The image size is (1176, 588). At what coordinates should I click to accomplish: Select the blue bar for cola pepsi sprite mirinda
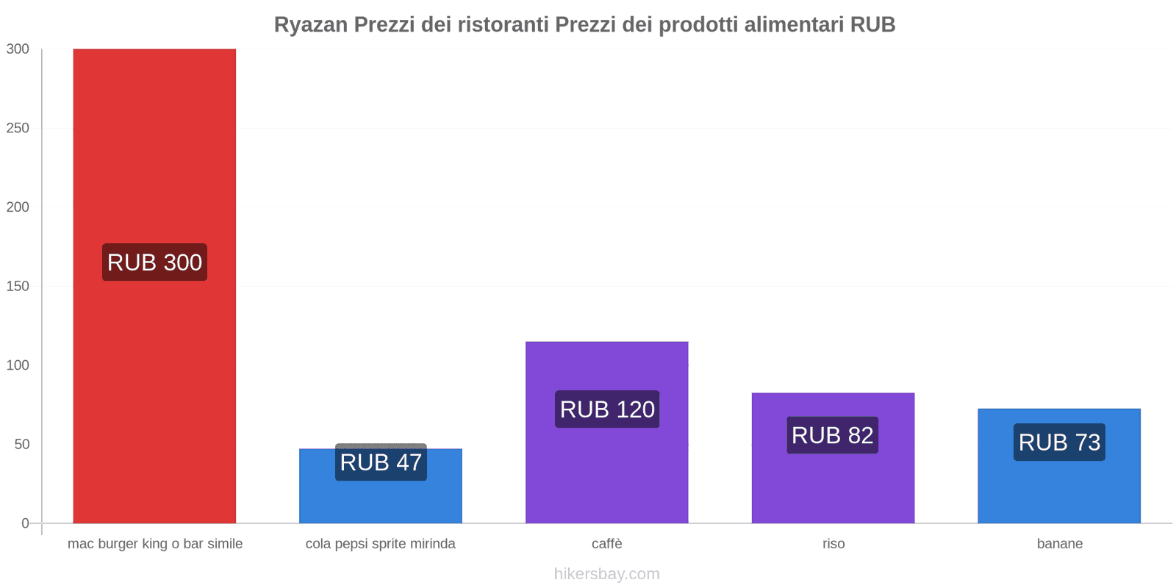click(x=380, y=500)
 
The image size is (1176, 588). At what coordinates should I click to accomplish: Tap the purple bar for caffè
click(x=606, y=470)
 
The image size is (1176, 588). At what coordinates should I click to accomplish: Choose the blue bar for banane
click(x=1059, y=489)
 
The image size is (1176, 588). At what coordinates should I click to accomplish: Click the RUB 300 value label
click(x=154, y=262)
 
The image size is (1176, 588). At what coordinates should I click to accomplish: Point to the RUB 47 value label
click(x=381, y=462)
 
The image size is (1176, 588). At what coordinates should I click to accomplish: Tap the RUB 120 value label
click(x=607, y=409)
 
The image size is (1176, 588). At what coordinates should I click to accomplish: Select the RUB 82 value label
click(x=832, y=435)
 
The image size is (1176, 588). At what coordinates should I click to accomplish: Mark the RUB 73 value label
click(x=1059, y=442)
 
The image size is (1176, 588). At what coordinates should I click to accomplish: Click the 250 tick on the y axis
click(x=18, y=128)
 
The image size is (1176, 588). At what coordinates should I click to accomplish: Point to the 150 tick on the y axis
click(x=18, y=286)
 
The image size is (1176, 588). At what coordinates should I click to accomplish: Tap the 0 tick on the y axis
click(x=25, y=523)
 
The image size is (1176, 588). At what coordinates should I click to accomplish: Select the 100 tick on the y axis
click(x=18, y=365)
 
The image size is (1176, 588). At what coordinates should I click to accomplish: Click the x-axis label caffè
click(x=607, y=544)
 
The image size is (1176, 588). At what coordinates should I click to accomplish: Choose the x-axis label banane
click(x=1059, y=544)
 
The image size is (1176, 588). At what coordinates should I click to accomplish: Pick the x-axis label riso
click(x=833, y=544)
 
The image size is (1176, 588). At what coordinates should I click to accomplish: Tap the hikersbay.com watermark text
click(x=607, y=574)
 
